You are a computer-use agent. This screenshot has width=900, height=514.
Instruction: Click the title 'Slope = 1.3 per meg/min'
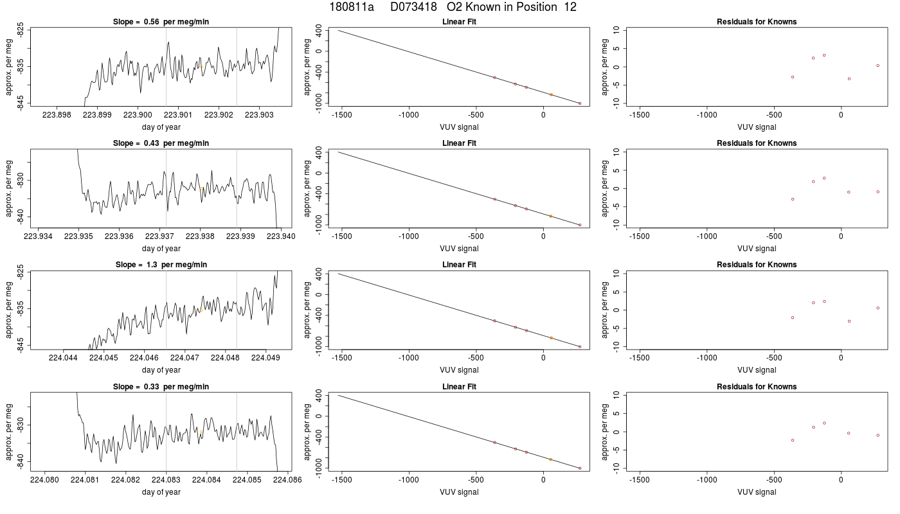(161, 265)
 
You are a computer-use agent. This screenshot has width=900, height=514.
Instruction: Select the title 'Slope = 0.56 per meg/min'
(161, 22)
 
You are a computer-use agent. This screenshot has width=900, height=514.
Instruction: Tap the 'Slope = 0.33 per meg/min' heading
(161, 387)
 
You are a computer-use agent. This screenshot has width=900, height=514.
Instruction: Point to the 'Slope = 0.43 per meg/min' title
(161, 143)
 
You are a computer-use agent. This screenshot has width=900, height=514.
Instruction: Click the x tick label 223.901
(179, 115)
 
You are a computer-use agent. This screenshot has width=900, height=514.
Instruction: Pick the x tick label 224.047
(184, 357)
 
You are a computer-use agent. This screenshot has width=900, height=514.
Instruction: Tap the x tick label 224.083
(166, 479)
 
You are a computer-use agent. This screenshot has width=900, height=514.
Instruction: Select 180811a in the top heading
(352, 7)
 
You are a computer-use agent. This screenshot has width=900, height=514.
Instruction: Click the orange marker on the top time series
(201, 67)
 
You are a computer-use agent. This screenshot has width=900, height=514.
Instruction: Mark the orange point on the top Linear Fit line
(552, 95)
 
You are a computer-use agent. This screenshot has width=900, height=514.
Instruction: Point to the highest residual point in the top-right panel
(824, 55)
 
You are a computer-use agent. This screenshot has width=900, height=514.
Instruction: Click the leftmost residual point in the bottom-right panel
(793, 441)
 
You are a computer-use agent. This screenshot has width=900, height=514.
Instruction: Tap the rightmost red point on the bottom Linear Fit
(580, 468)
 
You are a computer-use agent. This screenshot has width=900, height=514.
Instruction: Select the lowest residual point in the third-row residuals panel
(849, 321)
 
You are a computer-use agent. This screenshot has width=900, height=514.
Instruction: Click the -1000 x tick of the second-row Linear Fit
(409, 236)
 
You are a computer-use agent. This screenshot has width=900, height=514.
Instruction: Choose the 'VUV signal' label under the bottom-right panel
(757, 492)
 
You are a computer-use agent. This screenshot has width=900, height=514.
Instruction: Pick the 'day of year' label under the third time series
(161, 370)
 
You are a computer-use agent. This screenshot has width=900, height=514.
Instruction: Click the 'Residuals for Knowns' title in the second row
(757, 143)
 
